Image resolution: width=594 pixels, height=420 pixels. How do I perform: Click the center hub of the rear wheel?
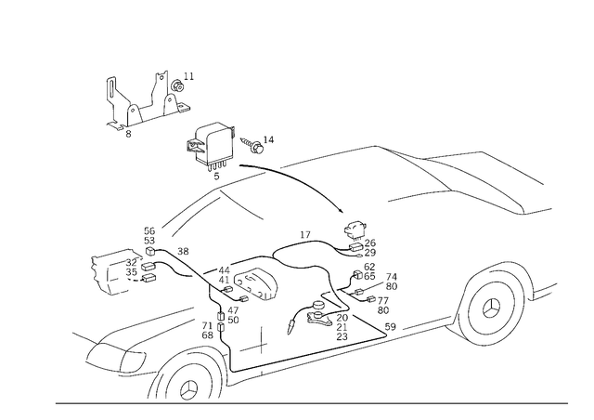pyautogui.click(x=492, y=303)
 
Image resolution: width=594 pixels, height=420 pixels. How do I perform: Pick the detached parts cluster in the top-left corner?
pyautogui.click(x=148, y=100)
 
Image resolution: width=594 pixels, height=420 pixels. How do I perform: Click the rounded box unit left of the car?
pyautogui.click(x=119, y=272)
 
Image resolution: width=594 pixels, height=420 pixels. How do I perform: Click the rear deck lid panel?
pyautogui.click(x=483, y=177)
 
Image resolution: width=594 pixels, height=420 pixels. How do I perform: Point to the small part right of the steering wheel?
pyautogui.click(x=258, y=141)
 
